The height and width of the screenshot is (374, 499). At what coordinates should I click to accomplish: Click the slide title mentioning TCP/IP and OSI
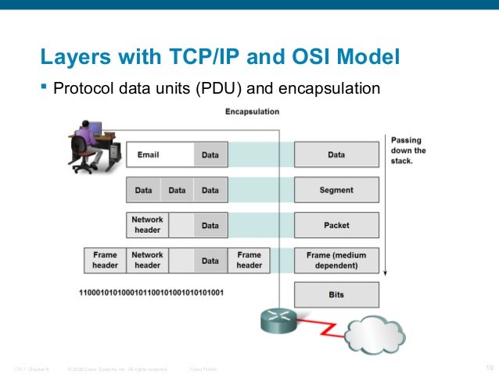(x=220, y=57)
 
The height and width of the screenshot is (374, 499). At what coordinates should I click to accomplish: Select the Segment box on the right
(x=336, y=190)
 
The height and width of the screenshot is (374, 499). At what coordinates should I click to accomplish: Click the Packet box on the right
(x=336, y=226)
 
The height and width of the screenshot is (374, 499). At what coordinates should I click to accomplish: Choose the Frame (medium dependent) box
(x=336, y=260)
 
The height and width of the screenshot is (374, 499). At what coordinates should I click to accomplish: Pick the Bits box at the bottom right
(x=336, y=295)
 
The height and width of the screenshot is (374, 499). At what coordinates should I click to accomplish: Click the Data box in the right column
(x=336, y=155)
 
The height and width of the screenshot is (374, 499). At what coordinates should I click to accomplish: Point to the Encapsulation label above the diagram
(x=252, y=112)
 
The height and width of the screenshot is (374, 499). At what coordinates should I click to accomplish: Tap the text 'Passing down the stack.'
(x=408, y=151)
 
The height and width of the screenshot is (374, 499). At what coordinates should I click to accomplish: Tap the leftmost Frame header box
(x=105, y=260)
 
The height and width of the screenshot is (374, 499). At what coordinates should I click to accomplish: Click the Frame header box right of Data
(x=249, y=260)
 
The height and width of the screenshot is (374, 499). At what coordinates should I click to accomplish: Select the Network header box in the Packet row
(x=147, y=226)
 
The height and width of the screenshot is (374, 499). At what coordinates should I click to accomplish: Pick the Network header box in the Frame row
(x=147, y=260)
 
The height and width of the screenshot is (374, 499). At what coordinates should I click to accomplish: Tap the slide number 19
(x=490, y=368)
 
